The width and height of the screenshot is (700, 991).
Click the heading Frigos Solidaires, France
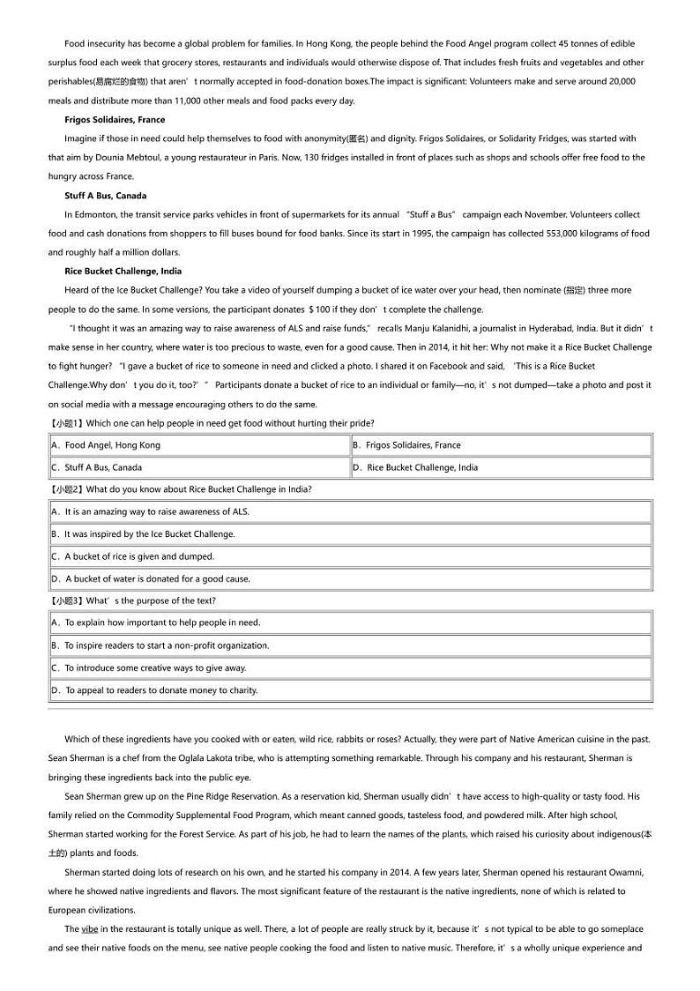[115, 120]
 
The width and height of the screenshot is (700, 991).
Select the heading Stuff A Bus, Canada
[106, 196]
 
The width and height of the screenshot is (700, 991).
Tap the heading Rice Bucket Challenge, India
[123, 272]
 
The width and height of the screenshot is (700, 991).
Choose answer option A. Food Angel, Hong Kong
[106, 445]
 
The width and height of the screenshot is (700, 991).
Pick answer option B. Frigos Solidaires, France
[406, 445]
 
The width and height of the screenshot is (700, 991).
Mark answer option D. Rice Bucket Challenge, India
[415, 467]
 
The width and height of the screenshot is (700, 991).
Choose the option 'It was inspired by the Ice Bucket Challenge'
[143, 534]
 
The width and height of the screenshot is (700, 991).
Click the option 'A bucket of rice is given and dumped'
[132, 556]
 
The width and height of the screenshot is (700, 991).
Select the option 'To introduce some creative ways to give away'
[149, 668]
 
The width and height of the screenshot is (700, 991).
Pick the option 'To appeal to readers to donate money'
[154, 690]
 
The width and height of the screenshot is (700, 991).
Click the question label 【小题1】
[67, 423]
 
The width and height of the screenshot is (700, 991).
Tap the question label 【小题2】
[67, 489]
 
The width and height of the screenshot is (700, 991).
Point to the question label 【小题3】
[67, 600]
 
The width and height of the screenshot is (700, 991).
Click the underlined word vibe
[90, 929]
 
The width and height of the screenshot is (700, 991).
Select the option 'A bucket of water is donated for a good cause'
[151, 579]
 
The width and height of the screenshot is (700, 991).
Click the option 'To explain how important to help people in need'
[155, 622]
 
